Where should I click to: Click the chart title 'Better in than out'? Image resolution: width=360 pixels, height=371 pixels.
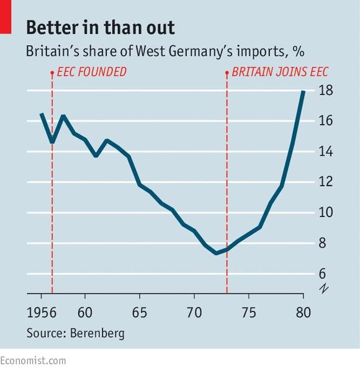[101, 28]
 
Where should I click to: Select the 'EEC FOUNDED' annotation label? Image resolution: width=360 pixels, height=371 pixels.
[92, 72]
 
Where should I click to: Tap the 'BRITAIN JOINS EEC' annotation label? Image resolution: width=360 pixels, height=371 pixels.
[280, 72]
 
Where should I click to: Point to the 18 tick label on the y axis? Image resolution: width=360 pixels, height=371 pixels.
[326, 91]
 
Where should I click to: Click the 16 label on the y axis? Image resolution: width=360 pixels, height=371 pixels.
[326, 121]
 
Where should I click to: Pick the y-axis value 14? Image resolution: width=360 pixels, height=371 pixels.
[326, 151]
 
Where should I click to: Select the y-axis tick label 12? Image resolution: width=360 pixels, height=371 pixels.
[326, 182]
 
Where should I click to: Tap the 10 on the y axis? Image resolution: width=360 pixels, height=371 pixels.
[326, 212]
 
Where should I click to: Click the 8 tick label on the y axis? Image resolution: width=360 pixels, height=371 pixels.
[322, 243]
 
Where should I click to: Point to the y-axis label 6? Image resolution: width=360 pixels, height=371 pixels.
[322, 274]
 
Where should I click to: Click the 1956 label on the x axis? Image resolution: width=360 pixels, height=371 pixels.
[42, 313]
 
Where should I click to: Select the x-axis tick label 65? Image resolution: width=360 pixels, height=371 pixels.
[140, 313]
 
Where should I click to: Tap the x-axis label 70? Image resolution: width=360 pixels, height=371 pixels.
[194, 313]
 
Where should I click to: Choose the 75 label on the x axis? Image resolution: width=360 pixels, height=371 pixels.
[249, 313]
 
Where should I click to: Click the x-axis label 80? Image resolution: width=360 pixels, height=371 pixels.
[304, 313]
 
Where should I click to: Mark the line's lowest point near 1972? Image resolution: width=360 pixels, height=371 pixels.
[216, 253]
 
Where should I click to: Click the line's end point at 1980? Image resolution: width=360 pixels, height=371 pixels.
[304, 91]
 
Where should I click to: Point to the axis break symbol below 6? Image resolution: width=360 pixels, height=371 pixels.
[324, 288]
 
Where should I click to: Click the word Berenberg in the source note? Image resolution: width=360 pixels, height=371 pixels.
[97, 333]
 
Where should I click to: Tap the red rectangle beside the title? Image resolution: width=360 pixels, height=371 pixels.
[6, 17]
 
